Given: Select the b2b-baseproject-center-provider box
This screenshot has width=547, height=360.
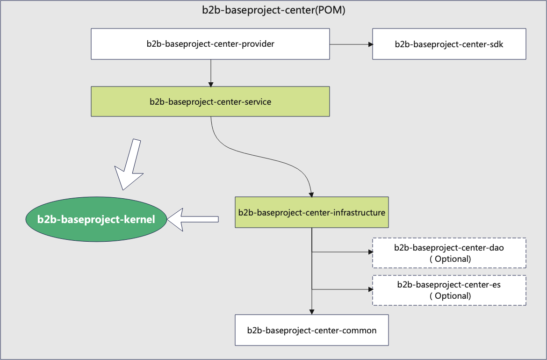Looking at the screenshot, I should (210, 44).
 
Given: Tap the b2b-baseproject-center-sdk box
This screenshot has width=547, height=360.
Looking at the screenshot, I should (449, 44).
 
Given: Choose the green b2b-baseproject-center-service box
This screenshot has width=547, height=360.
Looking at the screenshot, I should (210, 101).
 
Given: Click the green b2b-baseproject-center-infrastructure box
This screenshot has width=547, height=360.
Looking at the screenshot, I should (311, 212).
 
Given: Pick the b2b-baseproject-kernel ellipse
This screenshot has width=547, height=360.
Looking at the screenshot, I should (96, 219).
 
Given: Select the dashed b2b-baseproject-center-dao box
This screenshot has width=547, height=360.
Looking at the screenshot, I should (449, 253).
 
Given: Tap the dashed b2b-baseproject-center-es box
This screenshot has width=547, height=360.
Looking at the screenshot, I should (449, 290).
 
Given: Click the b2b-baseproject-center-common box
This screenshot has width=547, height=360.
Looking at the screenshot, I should (311, 330).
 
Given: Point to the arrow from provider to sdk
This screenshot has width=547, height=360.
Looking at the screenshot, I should (351, 44).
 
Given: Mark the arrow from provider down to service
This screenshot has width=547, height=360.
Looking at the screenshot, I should (211, 72).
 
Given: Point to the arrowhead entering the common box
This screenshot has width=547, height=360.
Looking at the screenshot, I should (311, 312).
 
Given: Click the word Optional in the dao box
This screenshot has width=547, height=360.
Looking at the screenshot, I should (451, 259).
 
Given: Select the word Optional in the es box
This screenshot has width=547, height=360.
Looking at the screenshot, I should (451, 296).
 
